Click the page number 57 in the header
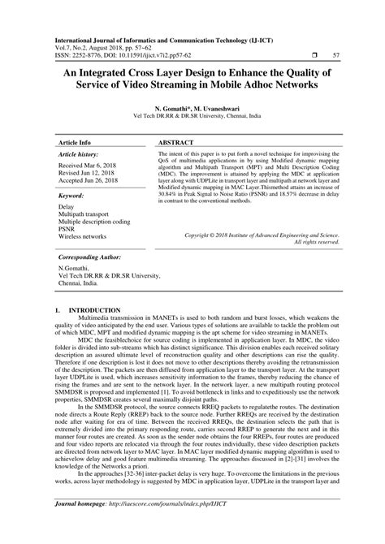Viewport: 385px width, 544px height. pos(337,56)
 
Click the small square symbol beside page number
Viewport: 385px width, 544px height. pos(313,56)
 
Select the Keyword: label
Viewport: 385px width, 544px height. pos(71,196)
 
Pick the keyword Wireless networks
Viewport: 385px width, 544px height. pos(82,236)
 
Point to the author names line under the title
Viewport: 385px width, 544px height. pos(192,106)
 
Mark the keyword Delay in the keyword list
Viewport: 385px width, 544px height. pos(67,206)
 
